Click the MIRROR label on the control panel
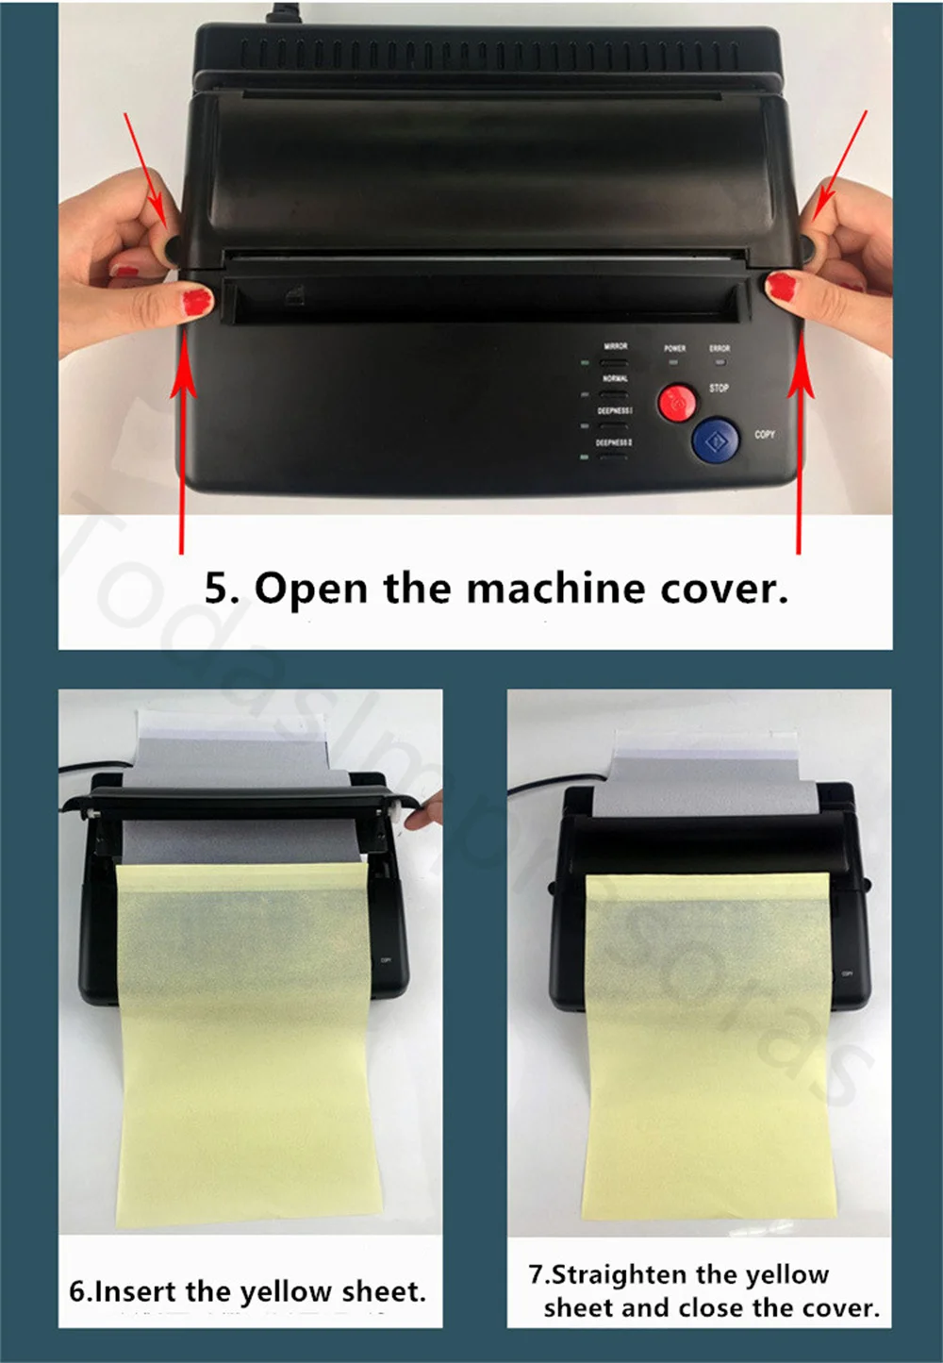click(615, 346)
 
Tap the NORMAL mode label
click(614, 378)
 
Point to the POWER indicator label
click(674, 348)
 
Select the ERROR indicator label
click(720, 348)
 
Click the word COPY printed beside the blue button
click(765, 435)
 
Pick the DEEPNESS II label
click(614, 442)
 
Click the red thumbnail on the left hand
click(195, 301)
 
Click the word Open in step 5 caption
click(310, 589)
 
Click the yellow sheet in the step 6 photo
click(249, 1038)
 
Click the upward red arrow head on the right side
click(801, 373)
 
